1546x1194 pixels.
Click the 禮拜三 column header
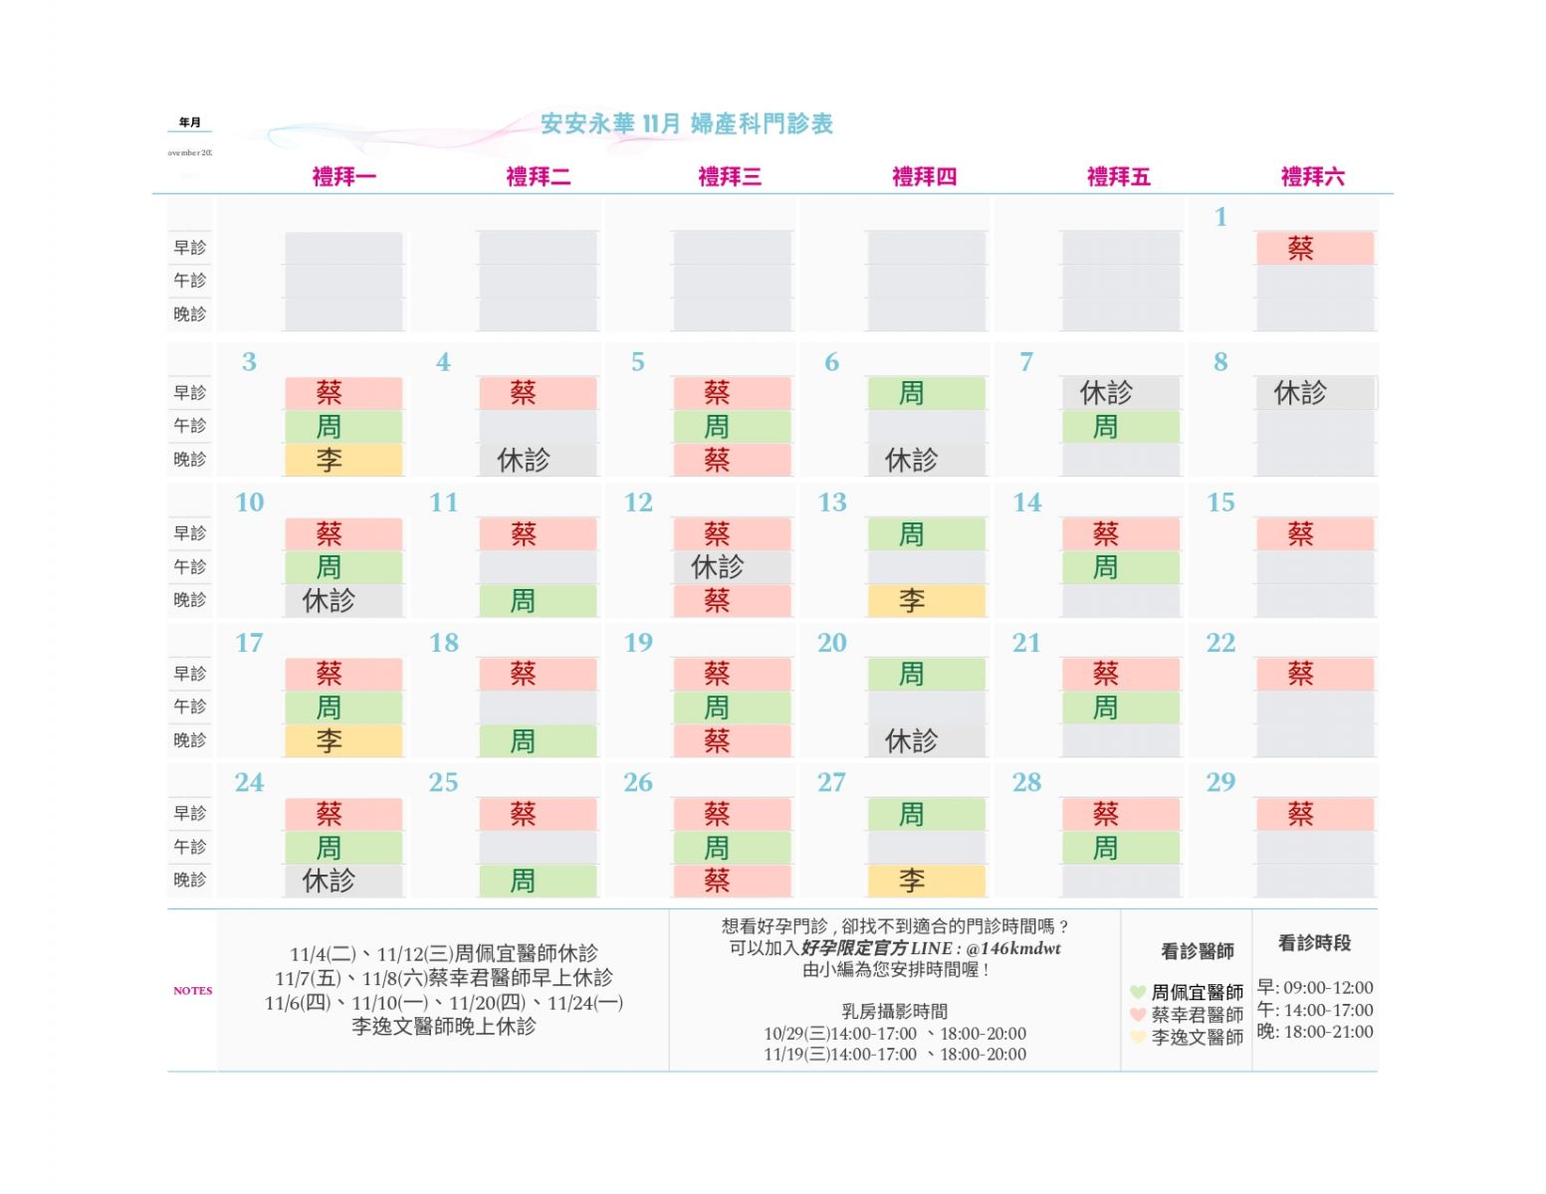click(x=730, y=177)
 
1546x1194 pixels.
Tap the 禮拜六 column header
click(x=1312, y=177)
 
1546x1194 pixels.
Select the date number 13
click(x=832, y=502)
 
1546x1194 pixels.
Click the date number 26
click(x=638, y=783)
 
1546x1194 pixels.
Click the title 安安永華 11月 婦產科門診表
click(x=687, y=123)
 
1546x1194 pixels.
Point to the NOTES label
click(x=193, y=991)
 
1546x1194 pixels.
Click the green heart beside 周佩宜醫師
click(x=1138, y=992)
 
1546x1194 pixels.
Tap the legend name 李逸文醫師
click(x=1198, y=1038)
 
